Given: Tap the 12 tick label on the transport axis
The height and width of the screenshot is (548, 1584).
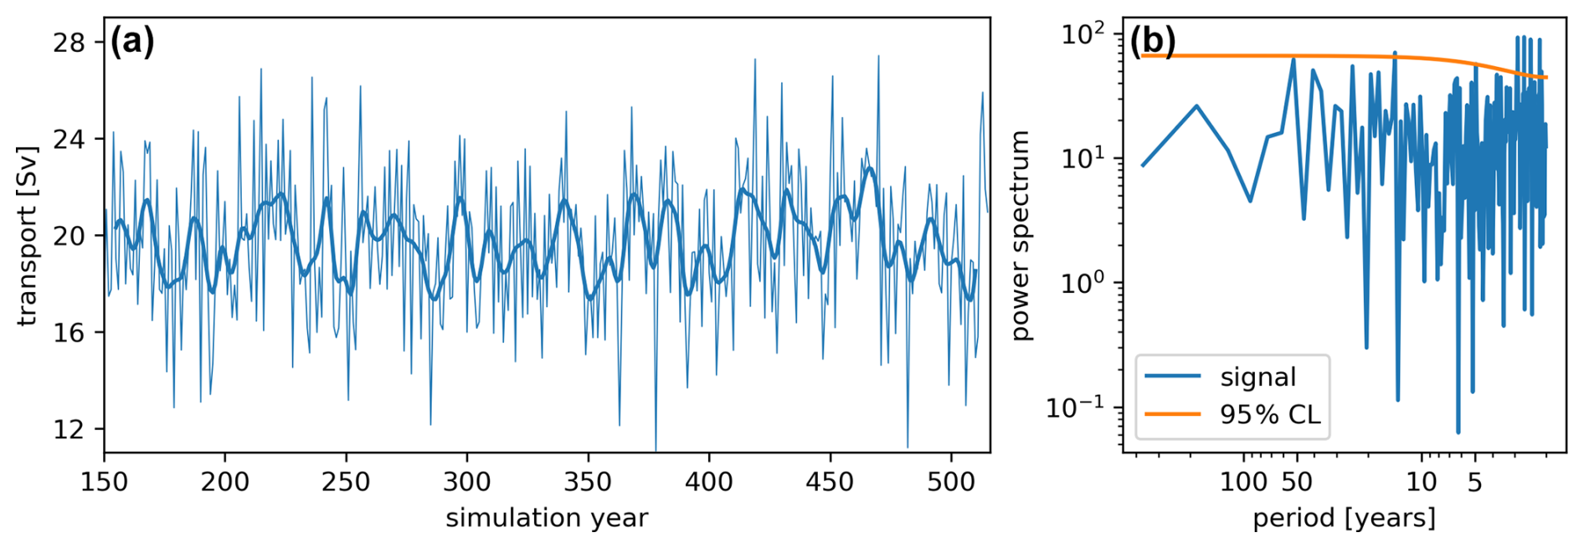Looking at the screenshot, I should point(69,429).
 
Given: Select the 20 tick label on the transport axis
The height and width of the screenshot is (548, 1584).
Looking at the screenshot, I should point(69,236).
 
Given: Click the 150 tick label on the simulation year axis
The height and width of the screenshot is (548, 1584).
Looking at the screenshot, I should point(104,482).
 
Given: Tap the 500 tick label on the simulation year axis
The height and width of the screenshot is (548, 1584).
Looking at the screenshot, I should point(951,482).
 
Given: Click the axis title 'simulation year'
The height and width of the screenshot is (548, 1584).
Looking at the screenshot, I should point(547,518).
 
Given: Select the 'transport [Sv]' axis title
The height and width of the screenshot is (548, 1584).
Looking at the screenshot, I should point(28,236).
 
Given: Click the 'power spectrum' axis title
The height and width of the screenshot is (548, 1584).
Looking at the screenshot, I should point(1019,236).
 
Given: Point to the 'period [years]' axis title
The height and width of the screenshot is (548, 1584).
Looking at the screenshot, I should point(1344,518).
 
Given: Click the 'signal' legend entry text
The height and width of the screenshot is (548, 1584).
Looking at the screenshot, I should point(1257,377).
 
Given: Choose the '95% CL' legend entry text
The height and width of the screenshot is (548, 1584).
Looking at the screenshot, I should point(1269,414).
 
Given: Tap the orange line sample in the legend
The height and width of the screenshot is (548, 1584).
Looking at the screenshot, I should point(1172,414).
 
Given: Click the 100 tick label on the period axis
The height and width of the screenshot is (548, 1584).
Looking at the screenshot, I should point(1243,482).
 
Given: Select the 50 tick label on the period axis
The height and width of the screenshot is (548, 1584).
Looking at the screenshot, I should point(1297,482).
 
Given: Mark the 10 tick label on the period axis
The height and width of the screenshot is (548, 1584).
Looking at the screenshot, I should point(1422,482).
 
